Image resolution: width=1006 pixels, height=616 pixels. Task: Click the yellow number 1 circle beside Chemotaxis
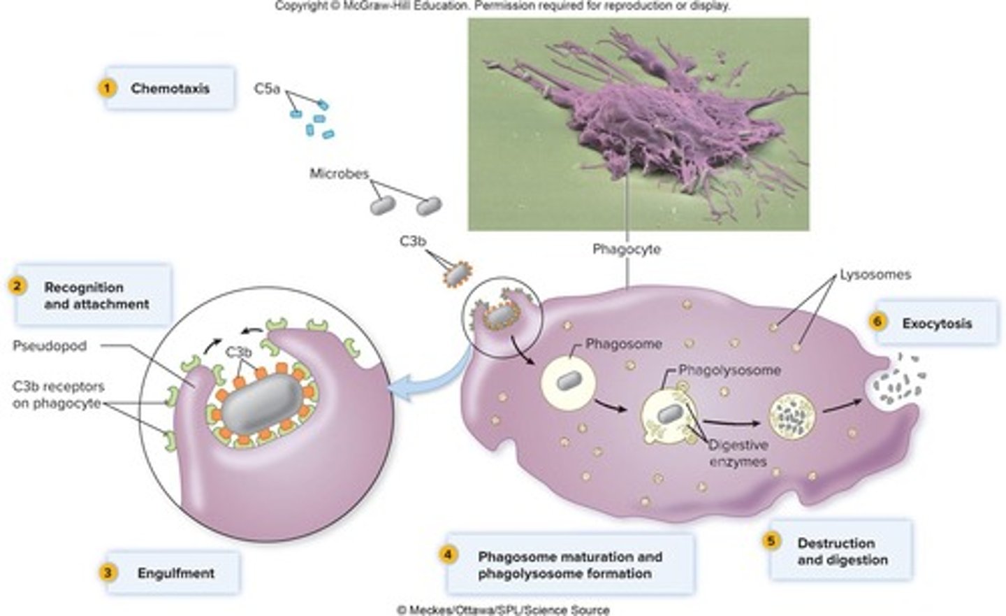pos(106,88)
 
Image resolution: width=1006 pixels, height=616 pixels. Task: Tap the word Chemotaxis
pos(170,89)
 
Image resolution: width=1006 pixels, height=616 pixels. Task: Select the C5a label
pos(268,89)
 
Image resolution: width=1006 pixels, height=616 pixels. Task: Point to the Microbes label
pos(339,173)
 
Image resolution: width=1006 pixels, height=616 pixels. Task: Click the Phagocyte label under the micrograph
pos(626,249)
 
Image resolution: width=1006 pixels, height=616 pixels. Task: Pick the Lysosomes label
pos(875,275)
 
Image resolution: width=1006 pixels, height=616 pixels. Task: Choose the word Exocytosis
pos(937,324)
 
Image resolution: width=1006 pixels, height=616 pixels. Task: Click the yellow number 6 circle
pos(878,322)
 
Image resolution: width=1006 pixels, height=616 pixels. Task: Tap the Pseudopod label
pos(50,345)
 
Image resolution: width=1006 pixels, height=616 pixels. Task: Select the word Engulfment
pos(176,573)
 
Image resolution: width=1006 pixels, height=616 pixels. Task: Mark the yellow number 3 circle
pos(107,573)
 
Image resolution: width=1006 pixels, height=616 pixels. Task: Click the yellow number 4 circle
pos(448,555)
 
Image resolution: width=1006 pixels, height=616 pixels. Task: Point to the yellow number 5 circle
pos(771,540)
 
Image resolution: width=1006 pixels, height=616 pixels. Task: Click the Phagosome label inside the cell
pos(623,343)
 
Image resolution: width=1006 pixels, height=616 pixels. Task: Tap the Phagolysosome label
pos(729,370)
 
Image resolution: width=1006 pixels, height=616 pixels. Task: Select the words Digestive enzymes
pos(738,453)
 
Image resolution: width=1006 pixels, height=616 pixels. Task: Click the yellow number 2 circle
pos(17,285)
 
